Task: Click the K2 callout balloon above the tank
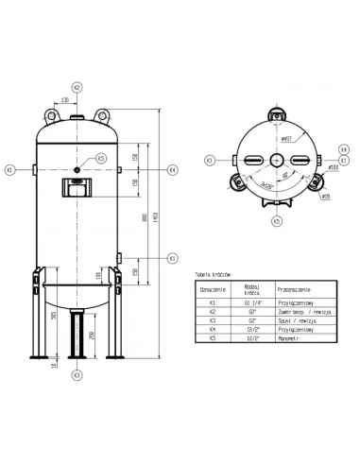[77, 86]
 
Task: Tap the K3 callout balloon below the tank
[77, 375]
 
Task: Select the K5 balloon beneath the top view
[277, 221]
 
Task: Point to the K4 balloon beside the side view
[172, 170]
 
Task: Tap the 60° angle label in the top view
[285, 177]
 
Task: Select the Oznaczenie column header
[214, 289]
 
